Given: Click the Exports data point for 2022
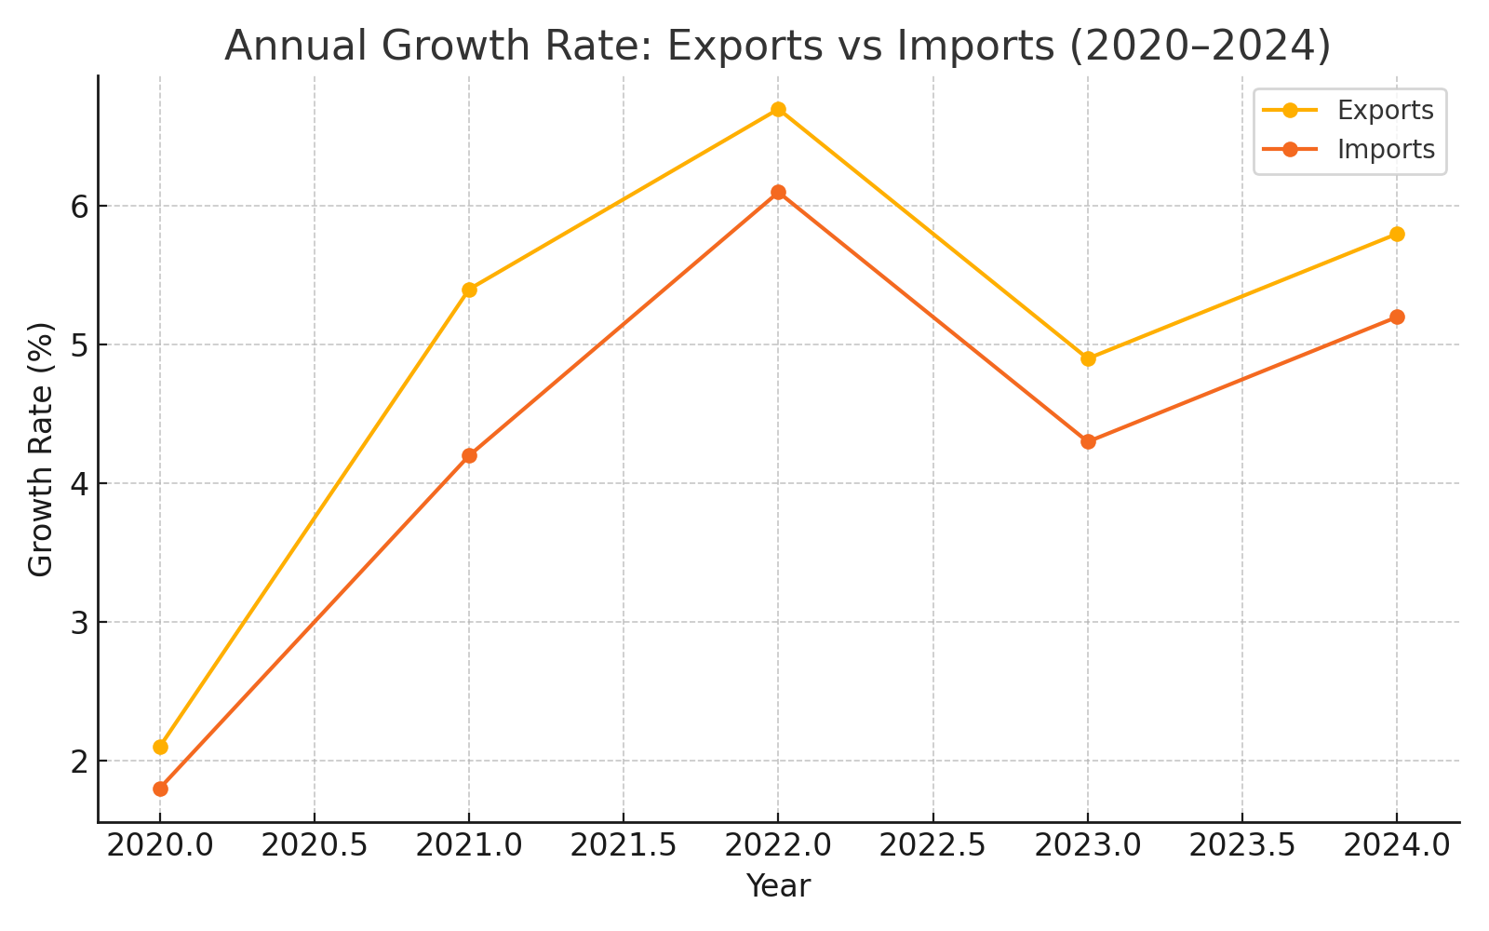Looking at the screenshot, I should pos(778,110).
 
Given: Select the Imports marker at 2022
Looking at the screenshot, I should pos(778,193).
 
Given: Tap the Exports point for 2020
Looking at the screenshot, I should pos(160,747).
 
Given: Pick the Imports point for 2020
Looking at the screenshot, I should pos(160,789).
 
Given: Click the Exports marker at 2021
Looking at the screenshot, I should pos(469,290).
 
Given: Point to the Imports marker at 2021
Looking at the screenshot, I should pos(469,455).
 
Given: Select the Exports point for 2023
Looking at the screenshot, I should pos(1088,358).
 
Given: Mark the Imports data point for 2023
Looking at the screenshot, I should pos(1088,441).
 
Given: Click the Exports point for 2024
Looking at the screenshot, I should pos(1397,234).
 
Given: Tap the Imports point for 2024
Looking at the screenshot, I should pos(1397,317).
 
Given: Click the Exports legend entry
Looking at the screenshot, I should pos(1385,111).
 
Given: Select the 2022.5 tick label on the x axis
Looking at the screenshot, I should pos(932,846).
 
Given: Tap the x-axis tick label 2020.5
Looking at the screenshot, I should pos(315,846).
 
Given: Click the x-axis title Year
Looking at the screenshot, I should pos(778,886).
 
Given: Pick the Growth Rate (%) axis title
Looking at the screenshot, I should pos(41,449).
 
